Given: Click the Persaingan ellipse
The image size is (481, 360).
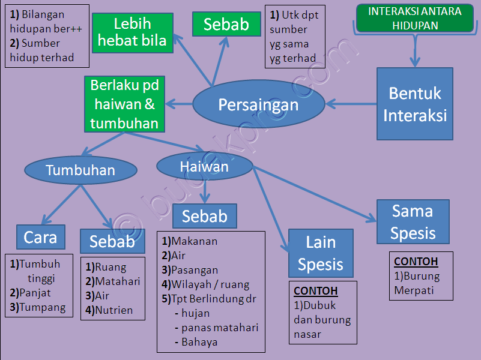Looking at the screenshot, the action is (258, 105).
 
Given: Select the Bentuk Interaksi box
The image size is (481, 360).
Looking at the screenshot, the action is (415, 104).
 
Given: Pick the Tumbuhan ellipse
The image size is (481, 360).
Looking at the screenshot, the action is (80, 170).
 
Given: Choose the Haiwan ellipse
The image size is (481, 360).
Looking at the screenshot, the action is (204, 166).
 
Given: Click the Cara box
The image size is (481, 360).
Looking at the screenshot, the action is (40, 237).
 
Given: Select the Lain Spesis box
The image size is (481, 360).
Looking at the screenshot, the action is (321, 253).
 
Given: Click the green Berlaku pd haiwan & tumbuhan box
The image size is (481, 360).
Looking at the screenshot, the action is (124, 104).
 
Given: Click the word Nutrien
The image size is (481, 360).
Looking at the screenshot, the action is (113, 311).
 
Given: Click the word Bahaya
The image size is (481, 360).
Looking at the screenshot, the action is (199, 342).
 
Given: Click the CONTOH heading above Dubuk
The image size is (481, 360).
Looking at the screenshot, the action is (316, 291).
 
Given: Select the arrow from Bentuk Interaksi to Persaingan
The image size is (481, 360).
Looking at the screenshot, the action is (351, 104).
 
